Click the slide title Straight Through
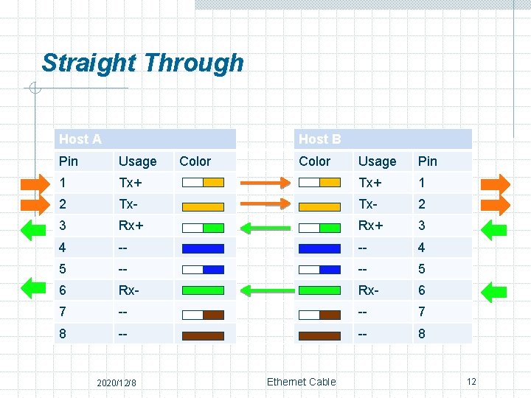point(142,63)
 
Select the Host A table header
point(80,139)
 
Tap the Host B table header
point(319,139)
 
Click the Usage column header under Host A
point(137,161)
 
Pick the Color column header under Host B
point(315,161)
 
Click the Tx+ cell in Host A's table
point(131,183)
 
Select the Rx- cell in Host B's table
point(369,290)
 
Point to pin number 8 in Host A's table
point(63,333)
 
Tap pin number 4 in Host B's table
point(422,248)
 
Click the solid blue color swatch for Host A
point(202,248)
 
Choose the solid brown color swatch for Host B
point(319,335)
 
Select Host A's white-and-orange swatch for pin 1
point(202,183)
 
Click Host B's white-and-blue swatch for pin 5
point(319,270)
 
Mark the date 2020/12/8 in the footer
point(122,383)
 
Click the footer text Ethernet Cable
point(301,382)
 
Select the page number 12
point(471,382)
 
